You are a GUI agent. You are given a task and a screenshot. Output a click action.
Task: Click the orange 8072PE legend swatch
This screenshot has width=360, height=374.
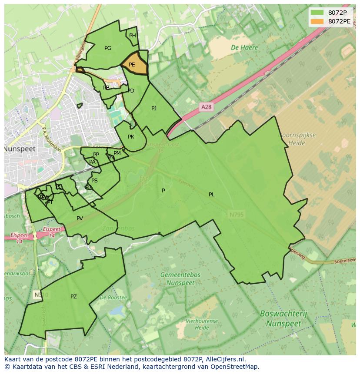[x=317, y=21]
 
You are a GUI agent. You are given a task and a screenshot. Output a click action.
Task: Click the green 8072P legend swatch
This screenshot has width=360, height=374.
[x=317, y=13]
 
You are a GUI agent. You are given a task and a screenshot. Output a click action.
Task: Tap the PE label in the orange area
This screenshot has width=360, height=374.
[x=132, y=65]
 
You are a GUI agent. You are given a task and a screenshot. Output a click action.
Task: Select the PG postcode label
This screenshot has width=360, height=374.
[x=108, y=48]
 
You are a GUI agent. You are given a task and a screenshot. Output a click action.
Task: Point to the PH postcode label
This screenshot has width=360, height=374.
[x=133, y=36]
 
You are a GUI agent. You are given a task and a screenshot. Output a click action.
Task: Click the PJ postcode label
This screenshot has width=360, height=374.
[x=154, y=109]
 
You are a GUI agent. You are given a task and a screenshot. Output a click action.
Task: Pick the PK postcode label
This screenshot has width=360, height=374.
[x=131, y=137]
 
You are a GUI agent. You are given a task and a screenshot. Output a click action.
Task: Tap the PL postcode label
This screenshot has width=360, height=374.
[x=212, y=195]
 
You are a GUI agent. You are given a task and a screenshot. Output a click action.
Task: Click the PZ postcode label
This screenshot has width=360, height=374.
[x=73, y=297]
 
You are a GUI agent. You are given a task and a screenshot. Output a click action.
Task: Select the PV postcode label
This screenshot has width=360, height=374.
[x=80, y=218]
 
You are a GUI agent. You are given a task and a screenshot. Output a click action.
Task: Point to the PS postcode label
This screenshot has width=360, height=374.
[x=94, y=181]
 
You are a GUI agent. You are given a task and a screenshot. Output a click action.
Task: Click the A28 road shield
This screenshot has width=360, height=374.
[x=207, y=106]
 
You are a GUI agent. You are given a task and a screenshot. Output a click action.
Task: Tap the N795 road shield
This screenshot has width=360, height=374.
[x=237, y=214]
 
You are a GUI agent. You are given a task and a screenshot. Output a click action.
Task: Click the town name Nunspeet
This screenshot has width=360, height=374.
[x=20, y=149]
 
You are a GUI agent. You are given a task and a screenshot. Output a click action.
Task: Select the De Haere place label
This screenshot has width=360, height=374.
[x=244, y=47]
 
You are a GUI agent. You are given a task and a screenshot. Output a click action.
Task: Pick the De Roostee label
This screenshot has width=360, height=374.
[x=113, y=298]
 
